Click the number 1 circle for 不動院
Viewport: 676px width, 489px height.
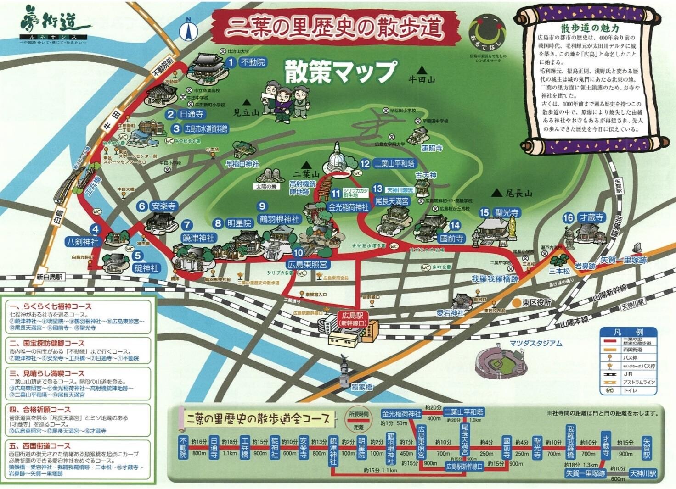(231, 61)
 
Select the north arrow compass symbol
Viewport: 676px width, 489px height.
(188, 30)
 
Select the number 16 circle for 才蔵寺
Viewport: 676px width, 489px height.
(568, 217)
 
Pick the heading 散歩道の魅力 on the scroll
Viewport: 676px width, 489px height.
(590, 29)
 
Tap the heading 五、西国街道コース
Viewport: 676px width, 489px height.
(40, 445)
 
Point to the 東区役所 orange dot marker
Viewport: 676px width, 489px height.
(517, 303)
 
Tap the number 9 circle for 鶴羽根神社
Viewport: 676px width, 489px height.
(262, 206)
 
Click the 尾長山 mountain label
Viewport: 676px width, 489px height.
(518, 194)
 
